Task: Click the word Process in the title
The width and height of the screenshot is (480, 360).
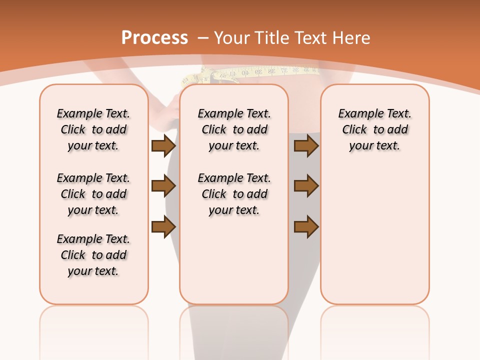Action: coord(154,38)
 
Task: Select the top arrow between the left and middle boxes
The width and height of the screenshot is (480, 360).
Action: coord(163,146)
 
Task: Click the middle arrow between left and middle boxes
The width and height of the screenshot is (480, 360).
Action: coord(163,186)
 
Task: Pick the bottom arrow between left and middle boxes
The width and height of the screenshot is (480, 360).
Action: coord(163,226)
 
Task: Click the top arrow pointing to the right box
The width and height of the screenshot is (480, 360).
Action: coord(306,146)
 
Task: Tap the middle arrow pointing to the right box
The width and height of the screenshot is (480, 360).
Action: coord(306,186)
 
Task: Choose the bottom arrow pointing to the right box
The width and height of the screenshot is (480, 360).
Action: coord(306,226)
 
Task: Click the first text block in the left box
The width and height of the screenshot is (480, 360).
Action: coord(93,129)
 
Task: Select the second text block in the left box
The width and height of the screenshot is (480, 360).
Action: coord(93,194)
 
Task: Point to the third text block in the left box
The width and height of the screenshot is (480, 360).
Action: coord(93,255)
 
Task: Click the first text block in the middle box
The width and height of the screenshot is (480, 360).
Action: coord(234,129)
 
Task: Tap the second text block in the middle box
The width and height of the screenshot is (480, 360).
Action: coord(234,194)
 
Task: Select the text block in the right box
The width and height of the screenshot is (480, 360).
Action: coord(374,129)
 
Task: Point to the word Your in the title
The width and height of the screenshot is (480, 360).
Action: coord(232,38)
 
